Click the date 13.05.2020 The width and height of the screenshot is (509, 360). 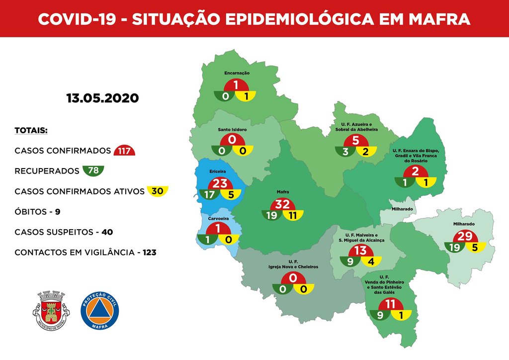click(102, 98)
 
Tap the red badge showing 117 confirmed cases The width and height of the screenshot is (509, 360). click(124, 151)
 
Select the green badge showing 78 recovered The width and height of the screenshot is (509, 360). click(93, 171)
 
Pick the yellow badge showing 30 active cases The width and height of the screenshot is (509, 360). click(158, 191)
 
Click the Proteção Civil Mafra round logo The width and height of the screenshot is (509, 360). click(100, 309)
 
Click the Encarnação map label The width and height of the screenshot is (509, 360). click(237, 73)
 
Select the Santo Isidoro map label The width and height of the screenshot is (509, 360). click(233, 130)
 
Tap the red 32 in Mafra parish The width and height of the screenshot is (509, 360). click(283, 204)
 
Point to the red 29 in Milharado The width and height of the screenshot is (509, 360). click(464, 236)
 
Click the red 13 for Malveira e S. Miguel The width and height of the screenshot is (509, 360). click(360, 250)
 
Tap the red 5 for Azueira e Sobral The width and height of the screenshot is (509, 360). click(355, 141)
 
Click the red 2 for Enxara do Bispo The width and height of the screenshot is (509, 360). click(416, 172)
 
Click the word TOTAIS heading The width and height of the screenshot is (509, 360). click(31, 131)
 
